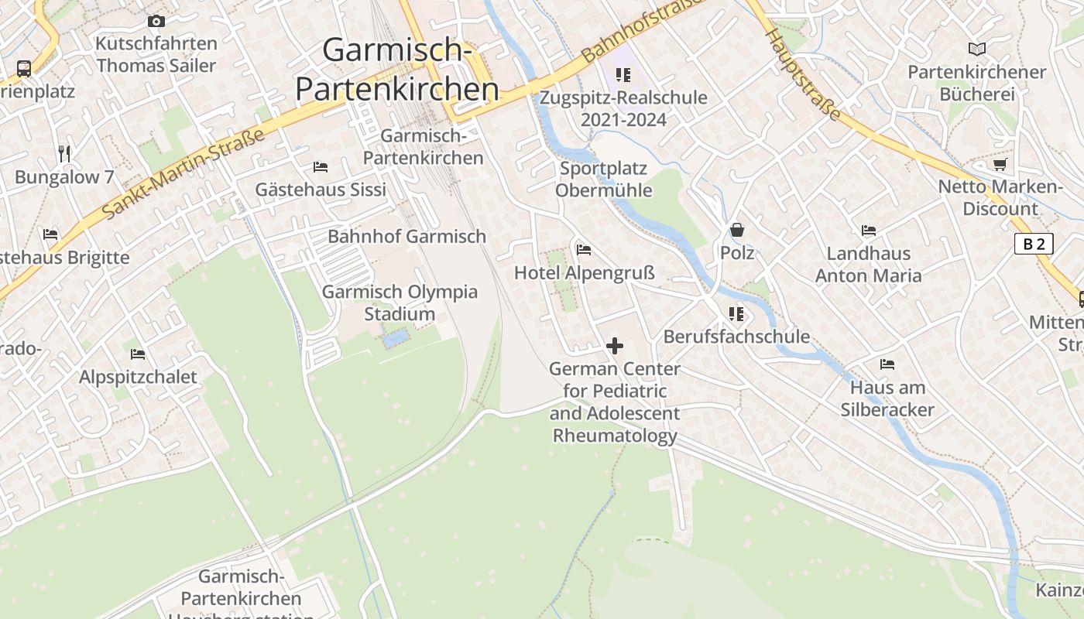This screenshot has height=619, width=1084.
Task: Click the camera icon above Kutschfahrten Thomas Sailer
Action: [156, 22]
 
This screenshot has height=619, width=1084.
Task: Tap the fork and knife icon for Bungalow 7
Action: [64, 154]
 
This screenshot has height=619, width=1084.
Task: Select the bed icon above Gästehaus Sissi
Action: [320, 167]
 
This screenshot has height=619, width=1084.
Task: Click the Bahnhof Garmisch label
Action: [406, 237]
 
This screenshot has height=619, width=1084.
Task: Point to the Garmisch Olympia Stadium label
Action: [400, 303]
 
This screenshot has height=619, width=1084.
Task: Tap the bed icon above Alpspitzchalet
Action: [138, 354]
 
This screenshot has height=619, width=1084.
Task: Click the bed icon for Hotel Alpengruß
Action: [584, 250]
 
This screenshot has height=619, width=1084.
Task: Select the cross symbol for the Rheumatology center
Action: [615, 346]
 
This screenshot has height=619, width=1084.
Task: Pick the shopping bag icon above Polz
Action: [736, 231]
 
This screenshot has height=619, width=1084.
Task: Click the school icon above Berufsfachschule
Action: [736, 314]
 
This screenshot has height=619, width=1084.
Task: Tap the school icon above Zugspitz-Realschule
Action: [623, 75]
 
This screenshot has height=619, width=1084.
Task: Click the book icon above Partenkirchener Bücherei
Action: [977, 50]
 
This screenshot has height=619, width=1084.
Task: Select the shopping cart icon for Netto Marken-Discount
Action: [1000, 164]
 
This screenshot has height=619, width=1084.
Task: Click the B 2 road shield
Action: [1034, 245]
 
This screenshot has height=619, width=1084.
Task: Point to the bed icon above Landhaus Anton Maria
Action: [868, 231]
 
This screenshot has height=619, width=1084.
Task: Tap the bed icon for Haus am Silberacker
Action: [887, 364]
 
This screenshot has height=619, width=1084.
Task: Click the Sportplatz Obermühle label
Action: [603, 179]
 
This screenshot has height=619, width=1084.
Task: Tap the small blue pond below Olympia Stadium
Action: [395, 338]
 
